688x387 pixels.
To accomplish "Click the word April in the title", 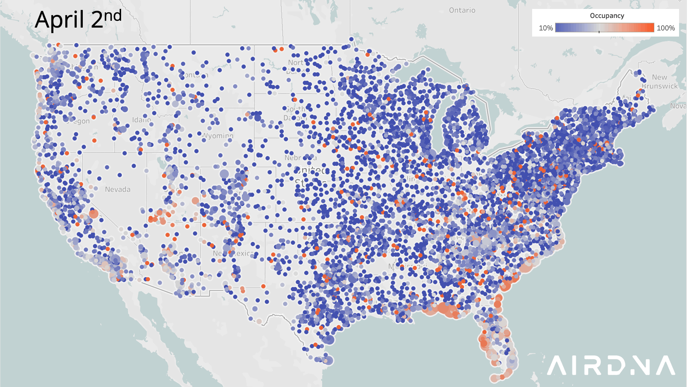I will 59,20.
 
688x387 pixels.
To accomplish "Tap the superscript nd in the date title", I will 113,16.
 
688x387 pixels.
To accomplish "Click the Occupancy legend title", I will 607,16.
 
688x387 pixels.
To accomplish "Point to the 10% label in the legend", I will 545,28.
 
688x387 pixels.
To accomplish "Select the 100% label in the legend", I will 665,28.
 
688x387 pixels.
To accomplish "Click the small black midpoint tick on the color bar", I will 599,32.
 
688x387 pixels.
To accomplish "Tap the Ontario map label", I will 462,10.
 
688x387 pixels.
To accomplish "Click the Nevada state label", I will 118,189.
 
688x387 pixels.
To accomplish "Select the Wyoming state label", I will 218,136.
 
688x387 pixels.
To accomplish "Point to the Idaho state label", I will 141,120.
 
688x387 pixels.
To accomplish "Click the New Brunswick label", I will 659,82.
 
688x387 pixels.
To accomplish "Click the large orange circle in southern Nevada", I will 94,214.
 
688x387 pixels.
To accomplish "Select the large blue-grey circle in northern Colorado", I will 224,175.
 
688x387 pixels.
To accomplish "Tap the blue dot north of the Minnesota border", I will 352,39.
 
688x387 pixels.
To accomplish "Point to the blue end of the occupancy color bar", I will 559,28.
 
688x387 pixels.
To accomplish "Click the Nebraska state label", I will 300,158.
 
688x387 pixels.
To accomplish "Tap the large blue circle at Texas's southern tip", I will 328,360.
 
